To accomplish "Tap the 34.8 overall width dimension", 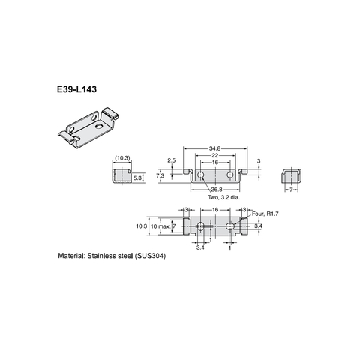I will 215,148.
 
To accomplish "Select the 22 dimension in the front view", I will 215,155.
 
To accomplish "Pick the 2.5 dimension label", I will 171,160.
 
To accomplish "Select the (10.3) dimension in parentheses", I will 122,158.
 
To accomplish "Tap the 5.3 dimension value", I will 138,178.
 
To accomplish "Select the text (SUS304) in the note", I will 150,256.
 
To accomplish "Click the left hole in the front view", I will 201,174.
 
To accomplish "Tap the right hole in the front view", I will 229,174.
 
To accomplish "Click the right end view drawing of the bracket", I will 292,178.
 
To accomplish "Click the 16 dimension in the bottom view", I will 215,211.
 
